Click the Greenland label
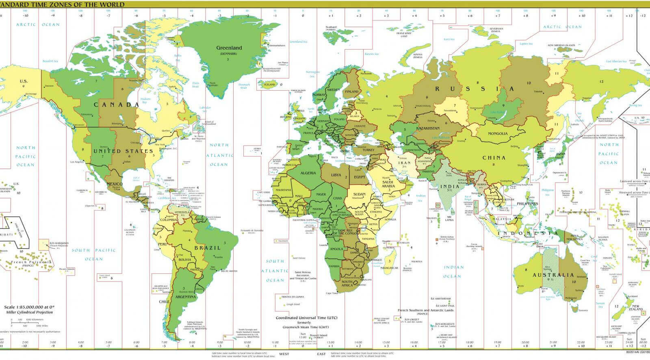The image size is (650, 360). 229,48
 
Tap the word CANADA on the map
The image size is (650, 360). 117,105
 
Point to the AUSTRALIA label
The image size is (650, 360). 554,275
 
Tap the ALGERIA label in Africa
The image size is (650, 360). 308,173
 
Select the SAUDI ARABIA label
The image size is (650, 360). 388,184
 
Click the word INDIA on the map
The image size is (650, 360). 449,187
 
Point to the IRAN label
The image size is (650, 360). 404,163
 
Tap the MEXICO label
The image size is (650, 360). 115,184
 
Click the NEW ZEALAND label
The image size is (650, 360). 636,308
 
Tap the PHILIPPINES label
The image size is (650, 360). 527,204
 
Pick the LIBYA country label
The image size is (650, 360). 336,175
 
